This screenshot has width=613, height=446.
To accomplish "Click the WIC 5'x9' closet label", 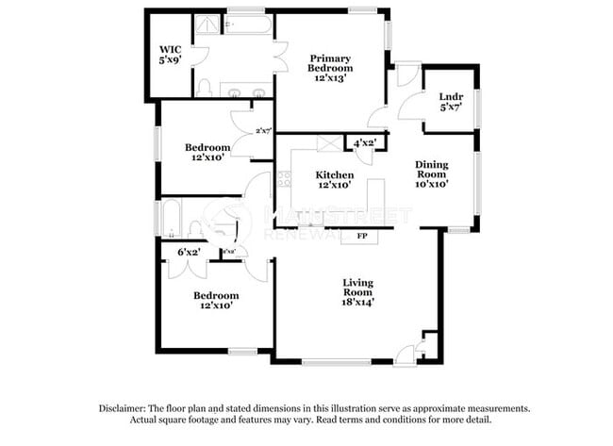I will (170, 54).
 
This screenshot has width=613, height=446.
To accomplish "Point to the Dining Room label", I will (432, 173).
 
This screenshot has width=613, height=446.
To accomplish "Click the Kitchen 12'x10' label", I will (335, 180).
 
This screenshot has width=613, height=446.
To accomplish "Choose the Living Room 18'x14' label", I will (358, 291).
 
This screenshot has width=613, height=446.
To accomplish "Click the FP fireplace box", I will (360, 237).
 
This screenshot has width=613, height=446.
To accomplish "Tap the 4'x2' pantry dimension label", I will (364, 143).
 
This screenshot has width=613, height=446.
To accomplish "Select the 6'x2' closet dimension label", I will (189, 252).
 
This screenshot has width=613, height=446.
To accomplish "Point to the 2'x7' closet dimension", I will (263, 131).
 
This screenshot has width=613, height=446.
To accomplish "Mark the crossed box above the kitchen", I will (330, 143).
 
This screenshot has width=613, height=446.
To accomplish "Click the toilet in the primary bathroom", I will (204, 88).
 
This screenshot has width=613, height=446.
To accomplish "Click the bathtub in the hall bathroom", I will (171, 219).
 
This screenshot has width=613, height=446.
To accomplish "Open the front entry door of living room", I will (406, 355).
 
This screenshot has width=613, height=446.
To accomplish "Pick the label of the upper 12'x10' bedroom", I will (207, 153).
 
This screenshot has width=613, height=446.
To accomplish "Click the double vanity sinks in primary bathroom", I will (246, 91).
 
